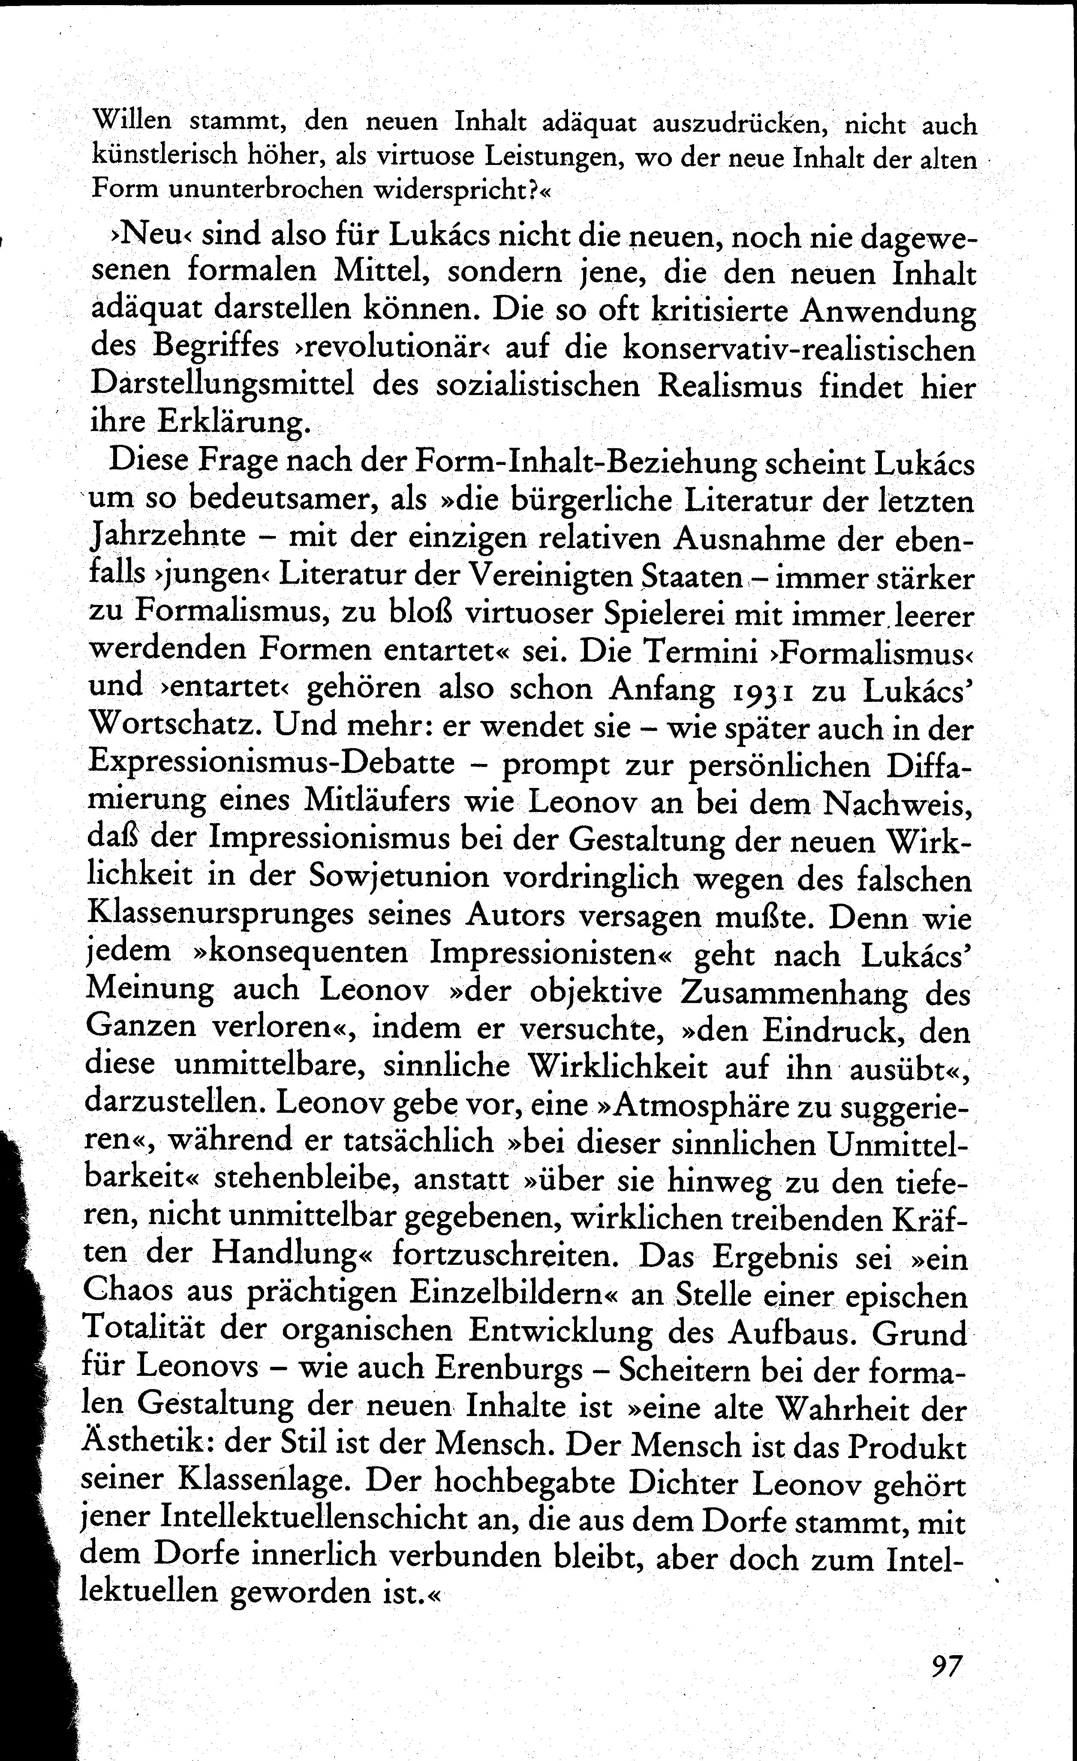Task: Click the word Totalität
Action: pos(143,1331)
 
